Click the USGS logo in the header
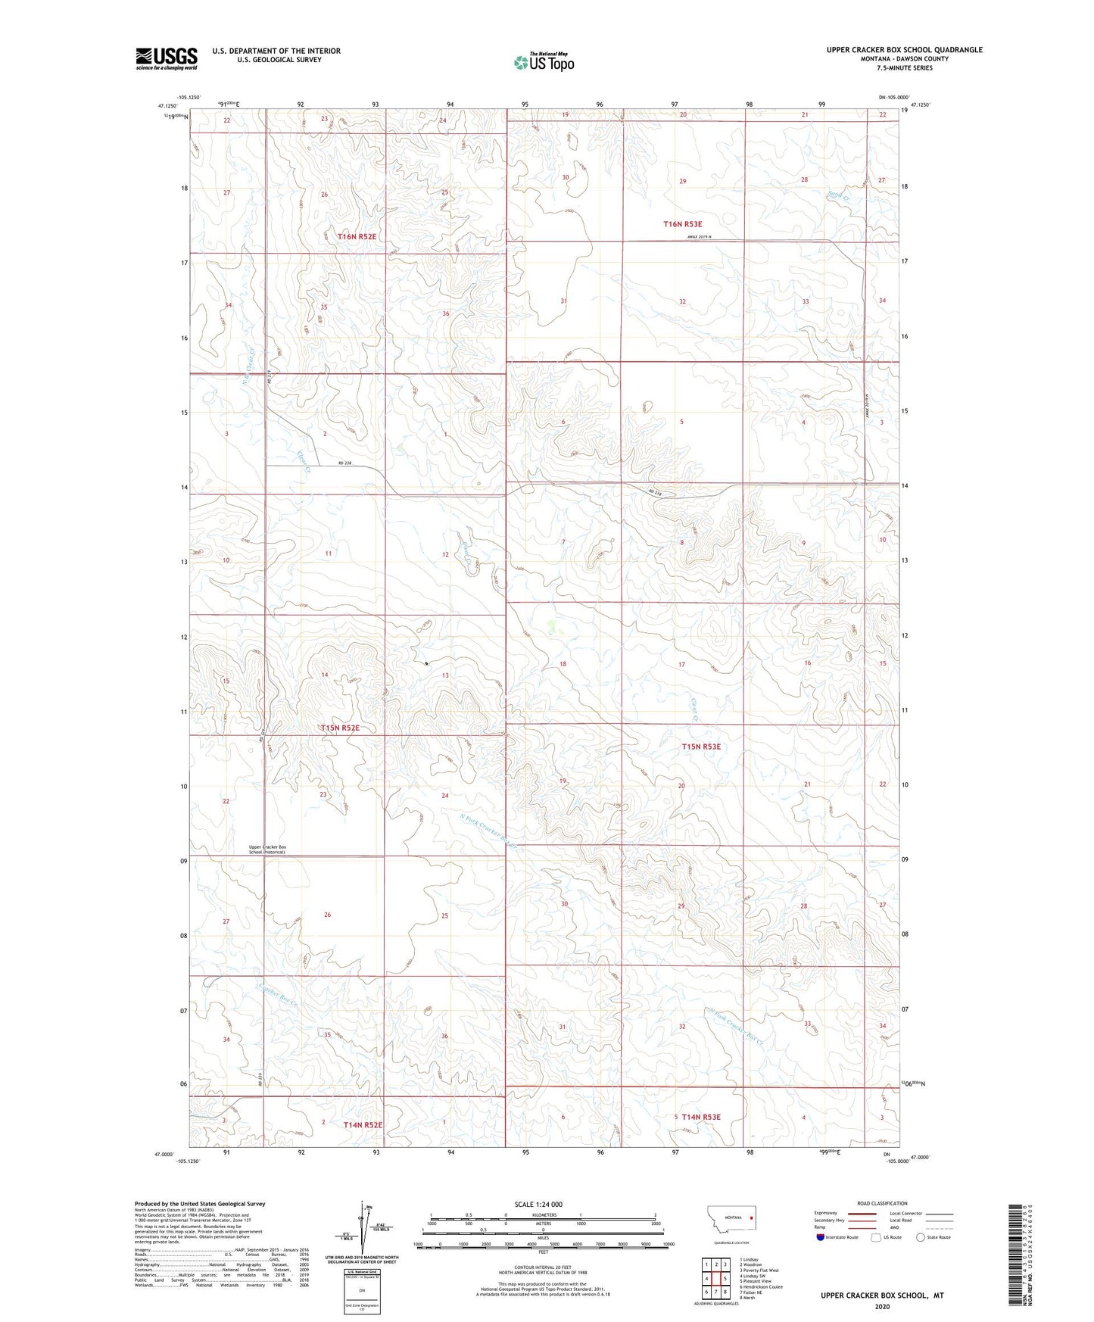(167, 58)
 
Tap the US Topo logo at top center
(544, 61)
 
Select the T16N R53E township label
(683, 224)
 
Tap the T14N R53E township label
(701, 1117)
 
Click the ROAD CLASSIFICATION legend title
(882, 1203)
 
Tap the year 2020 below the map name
(882, 1306)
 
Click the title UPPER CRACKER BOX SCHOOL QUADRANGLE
(904, 50)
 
